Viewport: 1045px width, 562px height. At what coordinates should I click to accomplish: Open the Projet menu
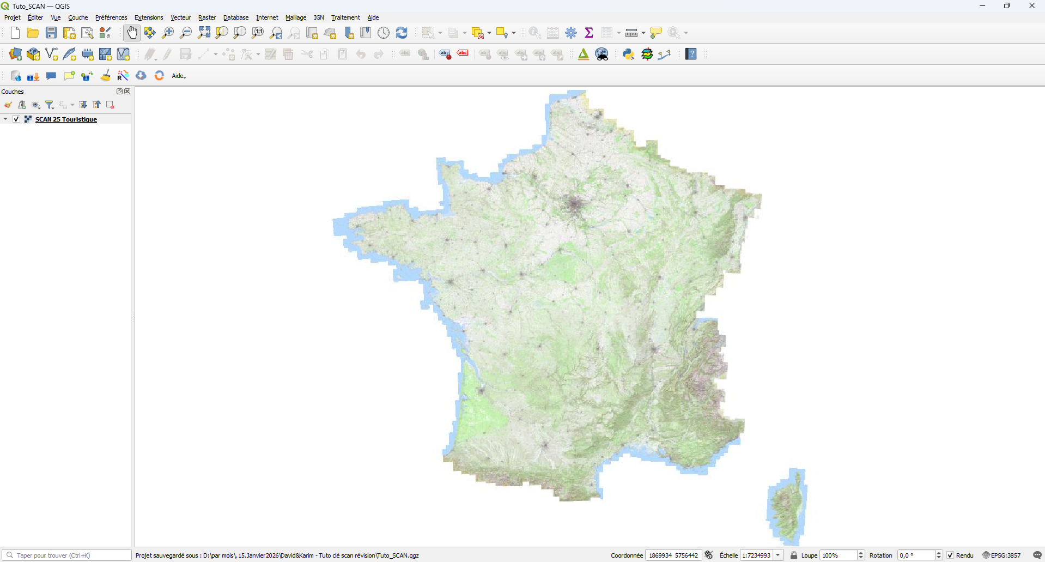pos(12,17)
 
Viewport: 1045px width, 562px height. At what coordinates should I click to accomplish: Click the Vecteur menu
pos(180,17)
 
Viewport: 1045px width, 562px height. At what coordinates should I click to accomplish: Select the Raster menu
pos(206,17)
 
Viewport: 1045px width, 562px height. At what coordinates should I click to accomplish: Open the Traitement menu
pos(345,17)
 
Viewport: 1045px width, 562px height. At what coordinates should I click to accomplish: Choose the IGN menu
pos(319,17)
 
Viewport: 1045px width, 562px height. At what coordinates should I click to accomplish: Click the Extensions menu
pos(149,17)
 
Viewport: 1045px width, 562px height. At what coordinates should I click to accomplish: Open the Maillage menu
pos(296,17)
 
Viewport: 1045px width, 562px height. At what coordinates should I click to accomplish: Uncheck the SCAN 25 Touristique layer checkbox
pos(16,119)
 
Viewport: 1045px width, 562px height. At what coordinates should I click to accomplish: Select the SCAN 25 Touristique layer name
pos(66,119)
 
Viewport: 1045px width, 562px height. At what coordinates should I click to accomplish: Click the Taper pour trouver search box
pos(68,555)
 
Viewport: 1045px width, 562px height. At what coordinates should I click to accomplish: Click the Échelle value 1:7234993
pos(756,555)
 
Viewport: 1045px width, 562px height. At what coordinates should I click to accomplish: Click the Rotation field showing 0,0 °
pos(915,555)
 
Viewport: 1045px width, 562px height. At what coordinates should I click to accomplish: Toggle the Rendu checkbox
pos(950,555)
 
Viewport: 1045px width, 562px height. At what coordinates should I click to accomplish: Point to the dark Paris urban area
pos(574,204)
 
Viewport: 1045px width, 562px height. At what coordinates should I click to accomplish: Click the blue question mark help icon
pos(691,54)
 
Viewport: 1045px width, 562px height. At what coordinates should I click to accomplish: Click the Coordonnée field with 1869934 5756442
pos(673,555)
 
